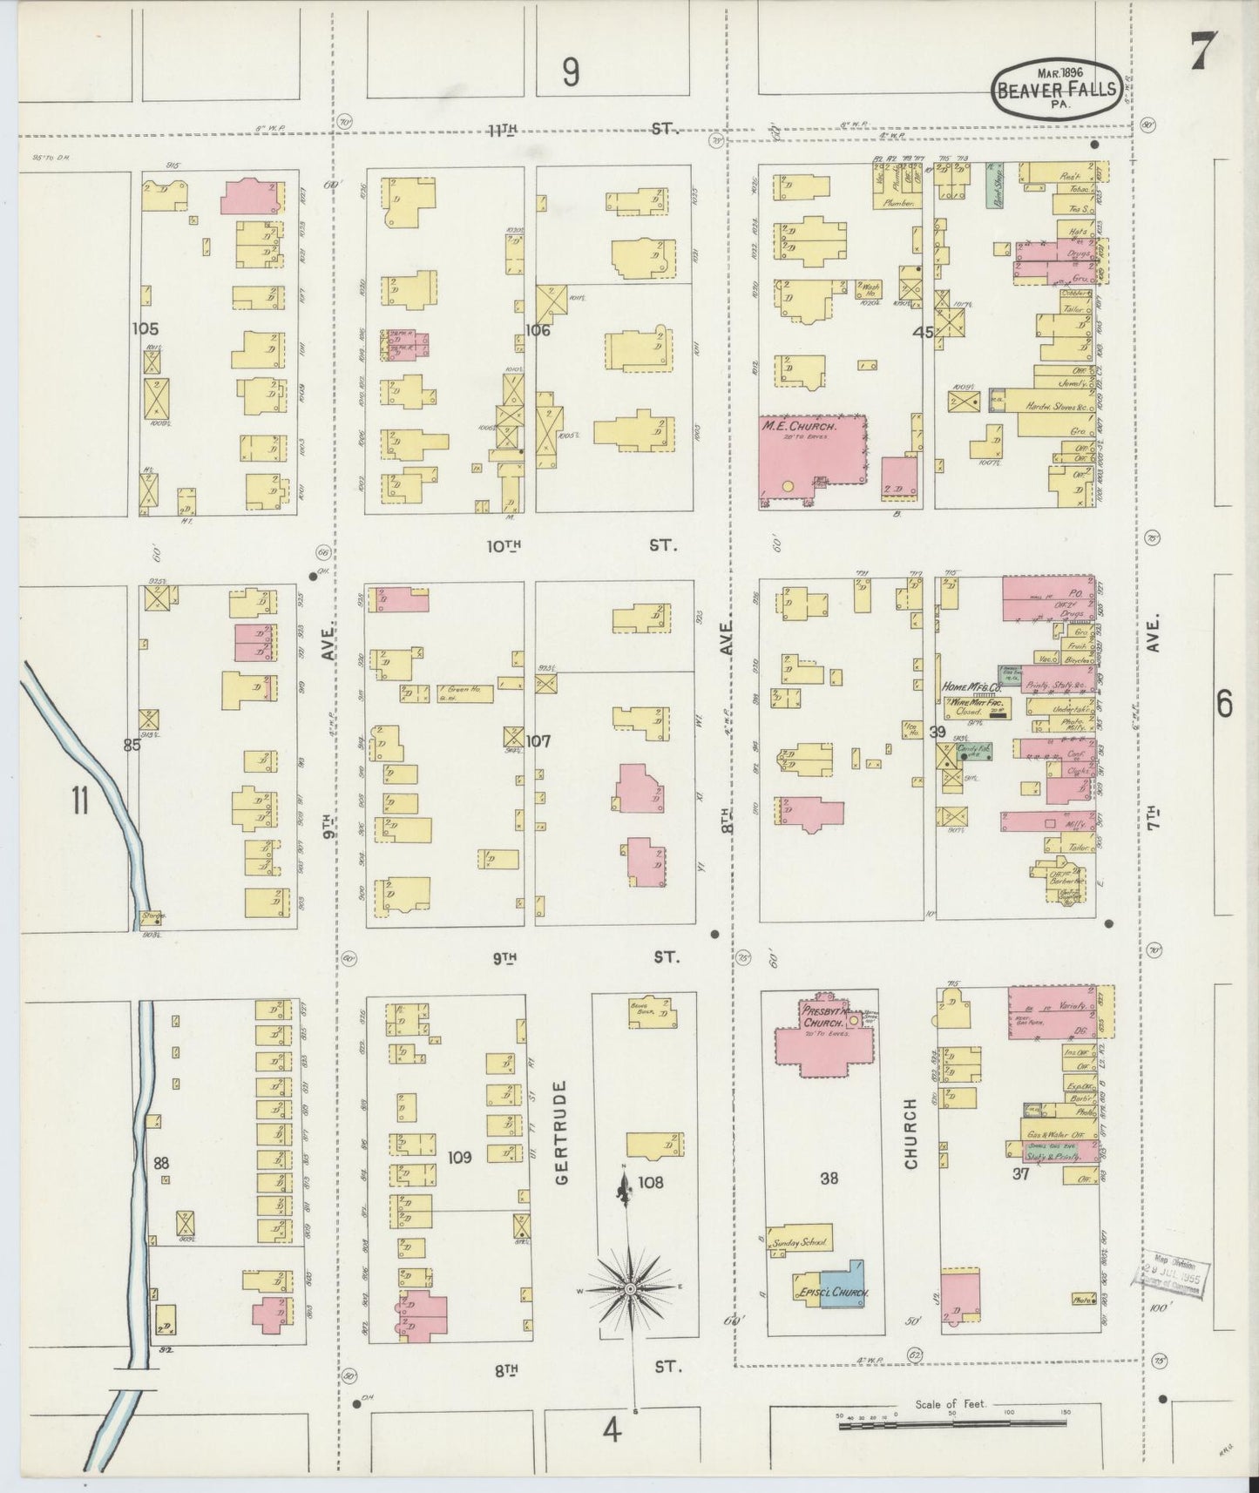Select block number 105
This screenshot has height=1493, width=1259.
146,328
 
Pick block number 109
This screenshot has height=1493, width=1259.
459,1157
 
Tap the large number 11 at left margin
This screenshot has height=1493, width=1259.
80,800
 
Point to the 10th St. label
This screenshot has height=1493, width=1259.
580,546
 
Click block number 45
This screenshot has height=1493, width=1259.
923,333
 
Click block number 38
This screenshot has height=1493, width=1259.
829,1178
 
